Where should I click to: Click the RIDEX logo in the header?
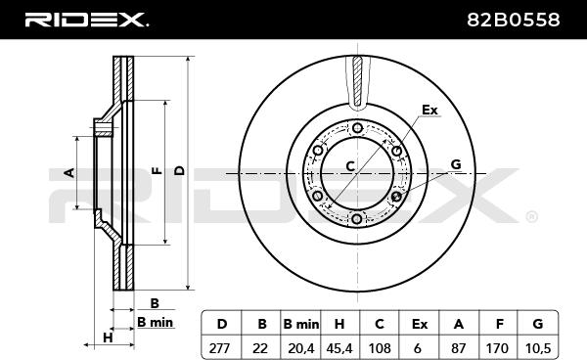click(87, 20)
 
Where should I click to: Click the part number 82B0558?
click(514, 20)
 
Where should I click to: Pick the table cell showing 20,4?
click(301, 347)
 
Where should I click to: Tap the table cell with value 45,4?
click(339, 347)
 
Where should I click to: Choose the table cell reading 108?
click(380, 347)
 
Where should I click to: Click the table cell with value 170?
click(498, 347)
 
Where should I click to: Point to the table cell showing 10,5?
click(538, 347)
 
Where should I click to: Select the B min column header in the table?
click(301, 324)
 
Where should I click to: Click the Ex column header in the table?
click(420, 324)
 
